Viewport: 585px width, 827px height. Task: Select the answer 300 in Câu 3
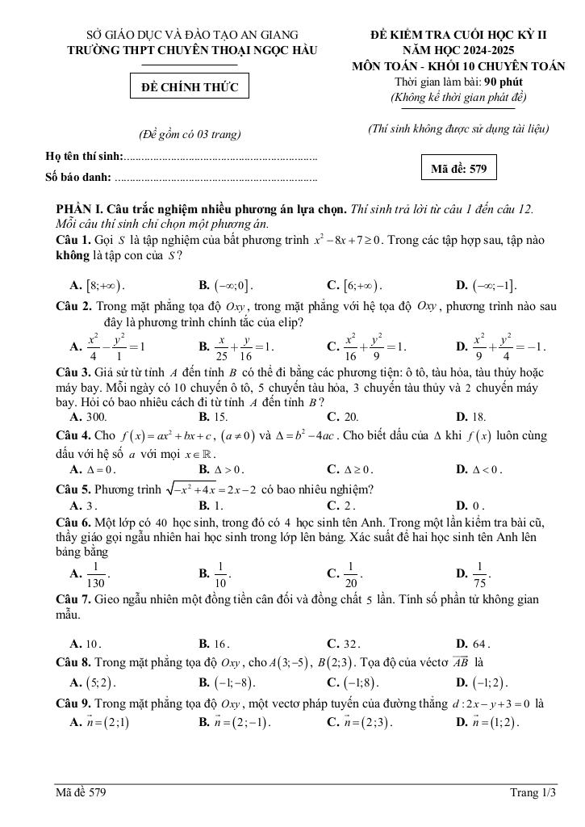click(x=96, y=417)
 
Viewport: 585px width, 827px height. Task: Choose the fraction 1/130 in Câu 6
click(x=96, y=574)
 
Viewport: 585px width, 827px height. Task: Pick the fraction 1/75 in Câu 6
click(x=479, y=574)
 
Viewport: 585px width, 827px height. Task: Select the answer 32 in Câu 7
click(x=352, y=644)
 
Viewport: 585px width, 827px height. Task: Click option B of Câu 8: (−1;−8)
click(x=231, y=682)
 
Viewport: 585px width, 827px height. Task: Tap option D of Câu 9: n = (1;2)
click(x=492, y=722)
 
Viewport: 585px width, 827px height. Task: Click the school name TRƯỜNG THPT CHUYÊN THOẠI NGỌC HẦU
click(x=192, y=50)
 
